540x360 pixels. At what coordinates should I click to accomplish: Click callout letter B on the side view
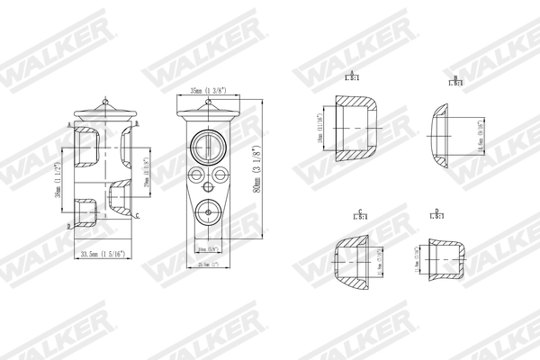click(136, 123)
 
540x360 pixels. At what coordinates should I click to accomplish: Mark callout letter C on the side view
click(137, 217)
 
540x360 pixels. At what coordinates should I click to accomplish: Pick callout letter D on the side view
click(68, 226)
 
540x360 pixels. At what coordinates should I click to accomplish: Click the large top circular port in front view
click(206, 146)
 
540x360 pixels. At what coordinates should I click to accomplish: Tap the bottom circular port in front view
click(206, 213)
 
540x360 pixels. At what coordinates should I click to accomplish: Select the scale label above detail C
click(360, 216)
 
